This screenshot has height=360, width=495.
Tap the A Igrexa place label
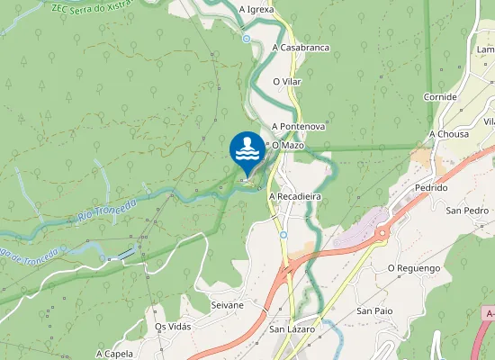(x=256, y=10)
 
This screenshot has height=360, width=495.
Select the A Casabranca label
(x=300, y=47)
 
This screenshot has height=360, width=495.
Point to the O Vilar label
(x=287, y=82)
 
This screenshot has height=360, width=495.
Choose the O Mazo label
(x=287, y=145)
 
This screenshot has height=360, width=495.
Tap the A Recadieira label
(x=295, y=195)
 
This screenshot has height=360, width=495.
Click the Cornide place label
(x=439, y=97)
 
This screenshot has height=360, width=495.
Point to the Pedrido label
(x=432, y=188)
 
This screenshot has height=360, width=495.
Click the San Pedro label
(x=467, y=211)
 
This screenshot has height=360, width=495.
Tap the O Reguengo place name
(x=413, y=268)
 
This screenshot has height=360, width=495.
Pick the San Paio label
(x=375, y=310)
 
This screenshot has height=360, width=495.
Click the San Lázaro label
(x=292, y=329)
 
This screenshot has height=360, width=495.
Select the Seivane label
(x=227, y=305)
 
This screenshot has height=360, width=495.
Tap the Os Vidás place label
(x=174, y=327)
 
